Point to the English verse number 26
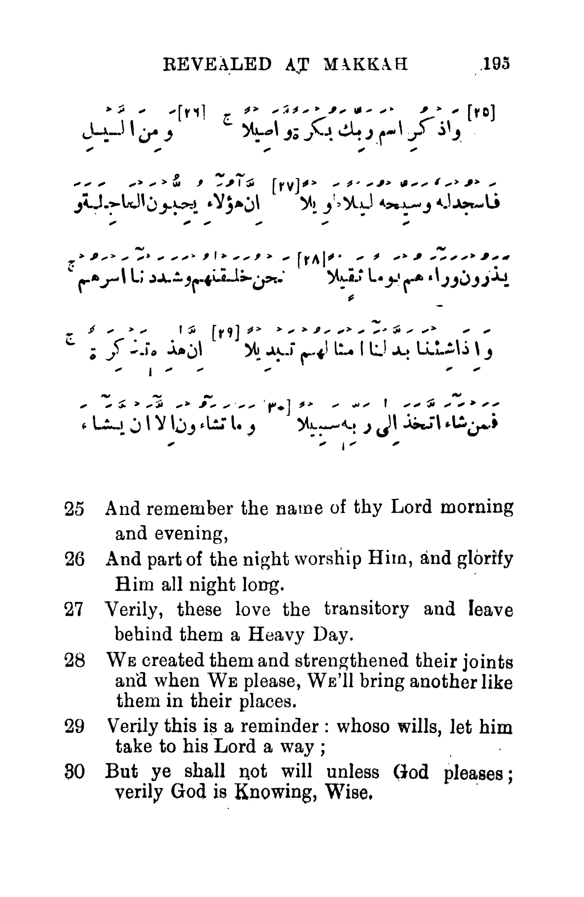pyautogui.click(x=74, y=559)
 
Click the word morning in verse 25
pyautogui.click(x=477, y=508)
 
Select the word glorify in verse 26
pyautogui.click(x=485, y=559)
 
